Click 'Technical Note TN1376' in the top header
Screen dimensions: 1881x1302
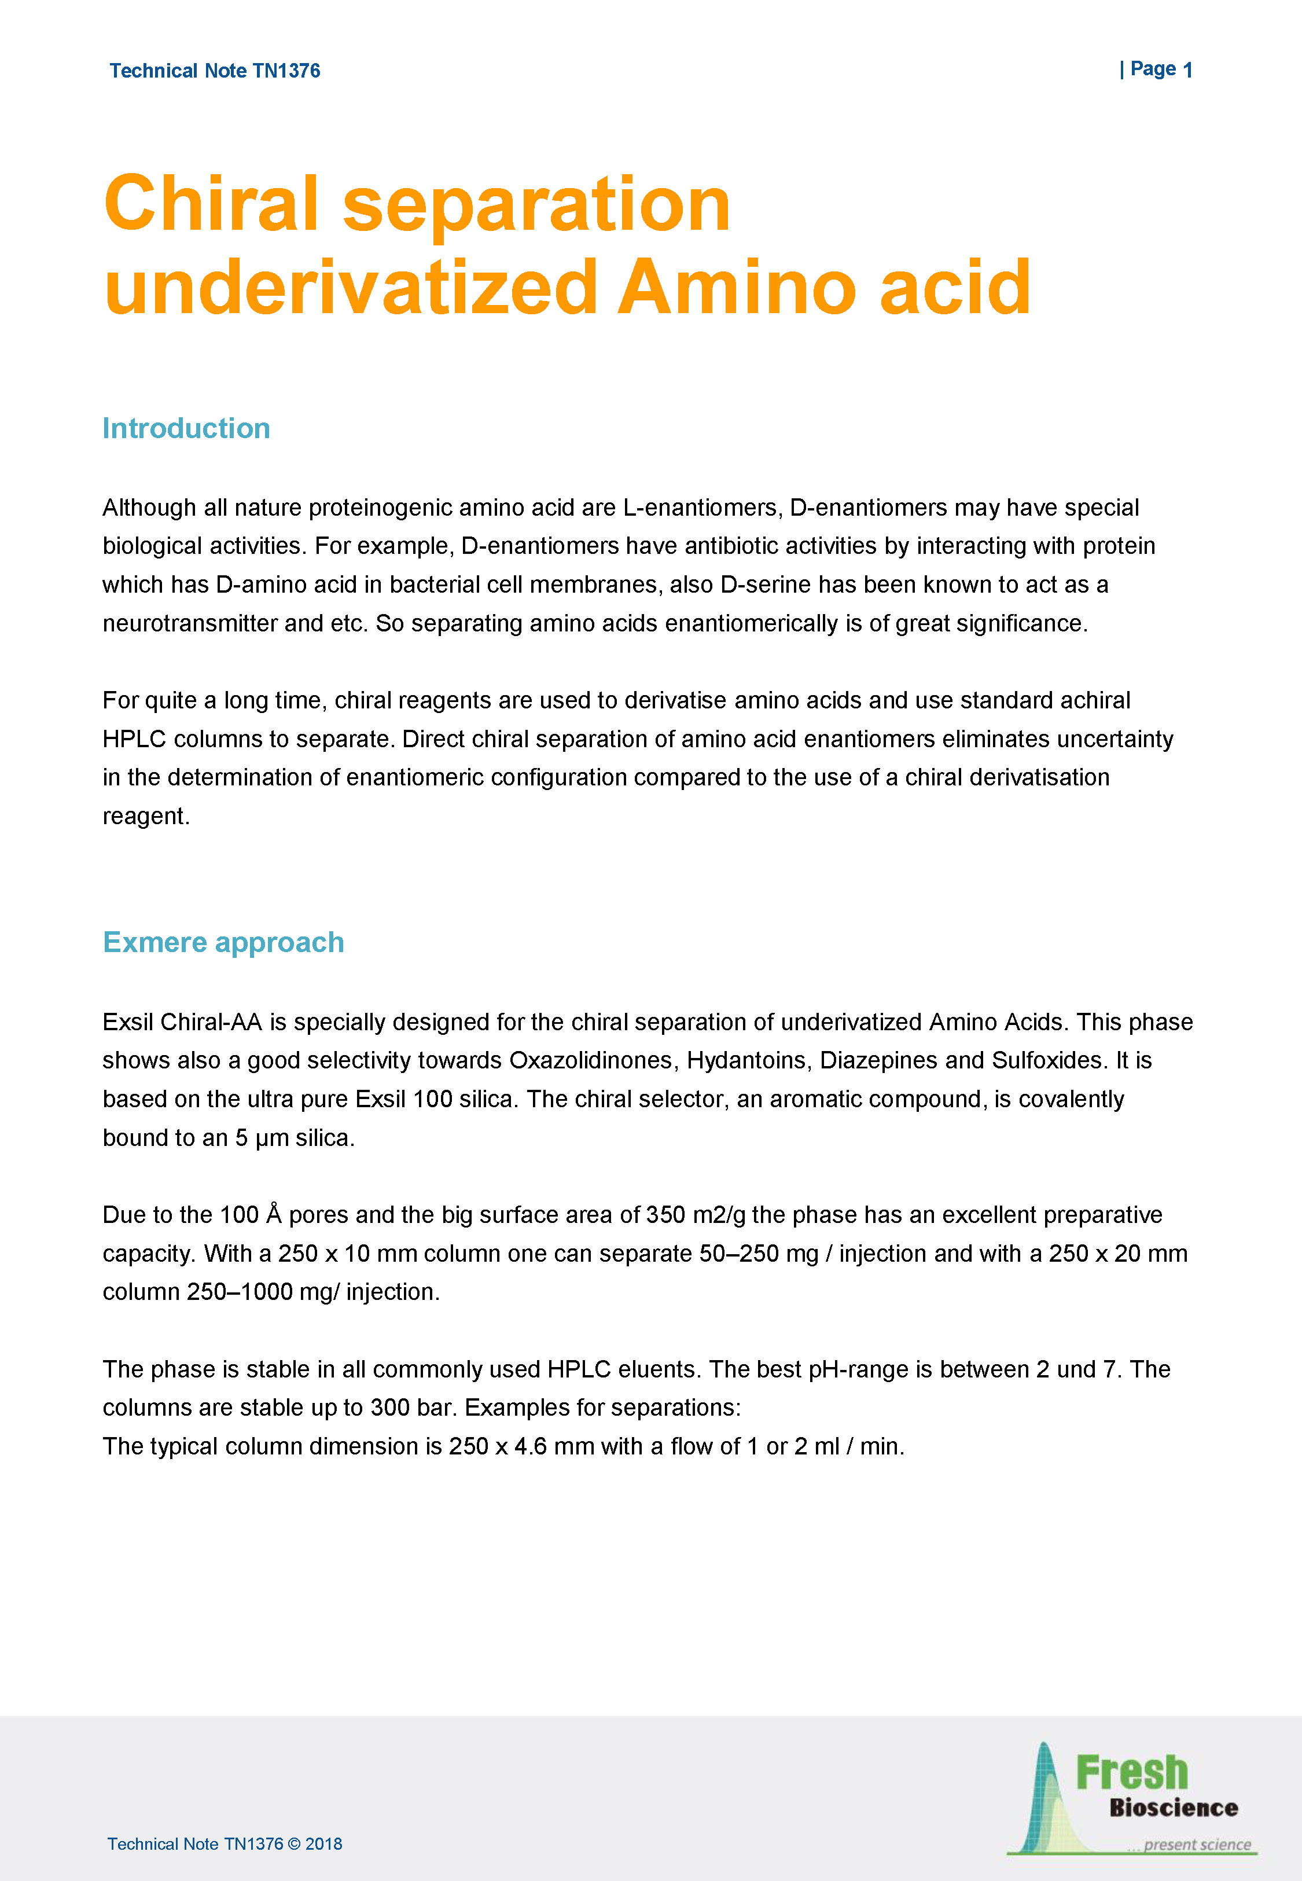[215, 71]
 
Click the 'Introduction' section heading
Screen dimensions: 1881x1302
[186, 428]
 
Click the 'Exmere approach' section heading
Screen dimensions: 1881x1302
[223, 942]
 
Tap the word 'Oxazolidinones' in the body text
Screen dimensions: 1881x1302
[593, 1060]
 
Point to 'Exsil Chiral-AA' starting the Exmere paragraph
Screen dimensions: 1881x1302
[182, 1022]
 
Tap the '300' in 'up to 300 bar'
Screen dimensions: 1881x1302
[390, 1408]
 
